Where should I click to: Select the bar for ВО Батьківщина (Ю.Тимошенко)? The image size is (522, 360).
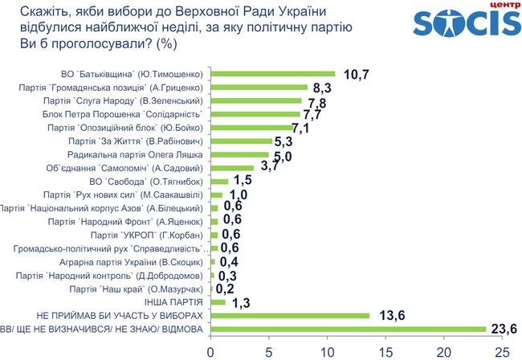[x=273, y=74]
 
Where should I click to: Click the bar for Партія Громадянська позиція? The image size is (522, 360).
[x=259, y=88]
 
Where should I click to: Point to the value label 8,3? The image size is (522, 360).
[x=324, y=88]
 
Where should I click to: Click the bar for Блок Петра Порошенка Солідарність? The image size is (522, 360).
[x=255, y=115]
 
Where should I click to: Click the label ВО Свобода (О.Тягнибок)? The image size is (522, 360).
[x=151, y=182]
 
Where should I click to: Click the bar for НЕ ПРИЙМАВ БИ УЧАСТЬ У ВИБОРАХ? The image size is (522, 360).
[x=290, y=315]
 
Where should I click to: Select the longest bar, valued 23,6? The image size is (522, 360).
[x=348, y=329]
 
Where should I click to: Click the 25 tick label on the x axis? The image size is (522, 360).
[x=502, y=351]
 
